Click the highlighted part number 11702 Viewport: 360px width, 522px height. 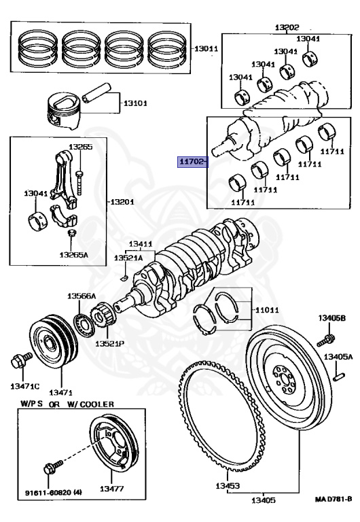pyautogui.click(x=192, y=162)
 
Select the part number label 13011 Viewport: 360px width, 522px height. pyautogui.click(x=206, y=49)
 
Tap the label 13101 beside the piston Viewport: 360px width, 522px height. pyautogui.click(x=136, y=104)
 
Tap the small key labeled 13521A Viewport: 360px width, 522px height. pyautogui.click(x=124, y=277)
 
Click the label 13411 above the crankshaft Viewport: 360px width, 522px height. pyautogui.click(x=141, y=243)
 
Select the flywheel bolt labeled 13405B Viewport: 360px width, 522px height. pyautogui.click(x=329, y=338)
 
